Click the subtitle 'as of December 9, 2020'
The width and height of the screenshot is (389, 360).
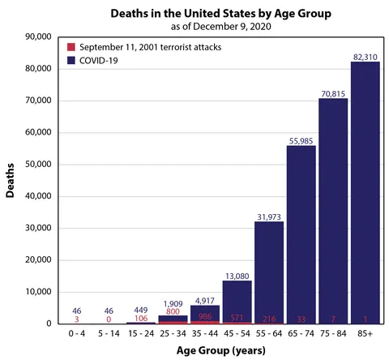pos(212,27)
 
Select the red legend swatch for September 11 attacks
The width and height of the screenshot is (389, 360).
pos(71,47)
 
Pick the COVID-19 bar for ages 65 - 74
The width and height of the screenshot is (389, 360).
pos(301,234)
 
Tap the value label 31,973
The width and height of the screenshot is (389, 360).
pos(269,215)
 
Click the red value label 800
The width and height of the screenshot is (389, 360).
pos(173,311)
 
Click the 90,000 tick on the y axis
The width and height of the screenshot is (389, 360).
pos(39,36)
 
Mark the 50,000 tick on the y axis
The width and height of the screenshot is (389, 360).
pos(39,164)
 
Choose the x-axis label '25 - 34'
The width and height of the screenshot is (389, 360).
pos(173,333)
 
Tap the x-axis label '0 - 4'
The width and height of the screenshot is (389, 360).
pos(77,333)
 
